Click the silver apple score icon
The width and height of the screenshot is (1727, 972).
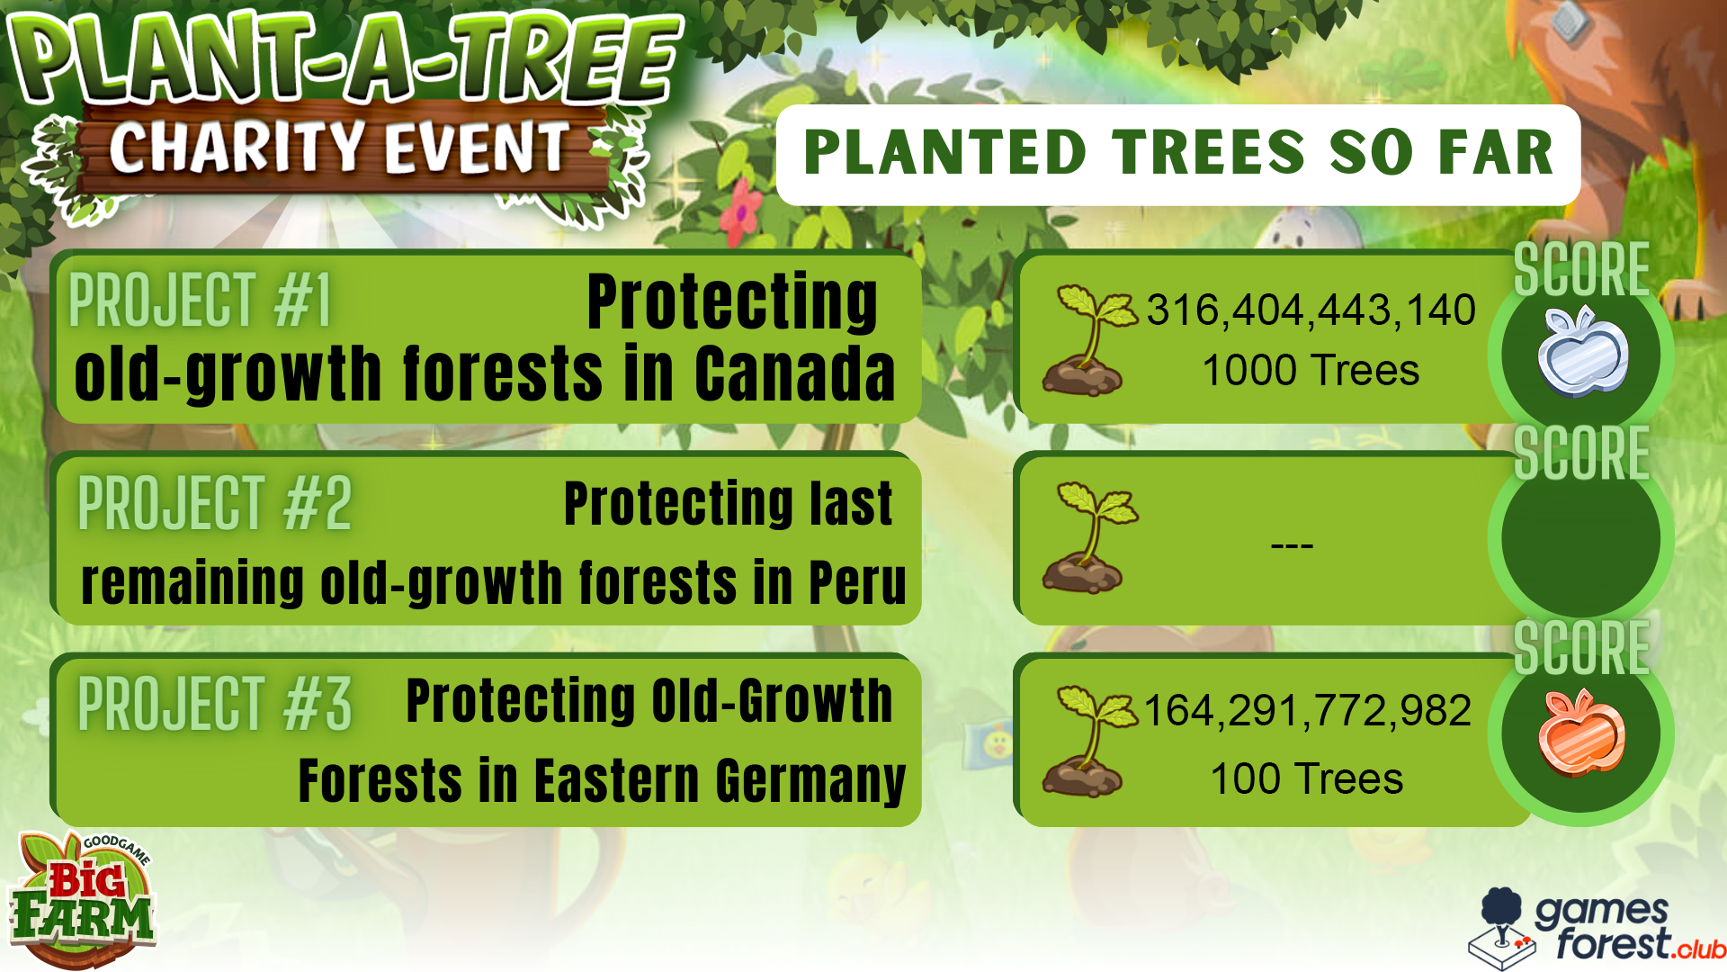(1583, 352)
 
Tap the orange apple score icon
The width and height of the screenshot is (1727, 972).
(1582, 733)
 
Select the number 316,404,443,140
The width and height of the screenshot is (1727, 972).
(1311, 310)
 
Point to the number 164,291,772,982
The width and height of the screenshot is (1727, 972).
(1307, 711)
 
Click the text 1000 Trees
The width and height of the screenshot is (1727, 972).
(1311, 370)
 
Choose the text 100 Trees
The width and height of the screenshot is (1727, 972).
(1306, 778)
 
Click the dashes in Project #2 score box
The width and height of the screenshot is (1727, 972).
(1292, 544)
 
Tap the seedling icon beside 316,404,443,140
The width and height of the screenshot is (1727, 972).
(1088, 340)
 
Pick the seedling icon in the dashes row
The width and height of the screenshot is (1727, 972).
(1088, 537)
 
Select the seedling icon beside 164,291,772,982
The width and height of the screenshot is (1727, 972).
(1088, 741)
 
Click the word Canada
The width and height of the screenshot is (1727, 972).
(795, 373)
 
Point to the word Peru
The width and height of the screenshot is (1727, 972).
(857, 582)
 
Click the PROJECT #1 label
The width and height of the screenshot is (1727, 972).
(200, 300)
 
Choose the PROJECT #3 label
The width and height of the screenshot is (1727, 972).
(214, 703)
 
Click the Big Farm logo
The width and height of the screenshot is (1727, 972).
(84, 900)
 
